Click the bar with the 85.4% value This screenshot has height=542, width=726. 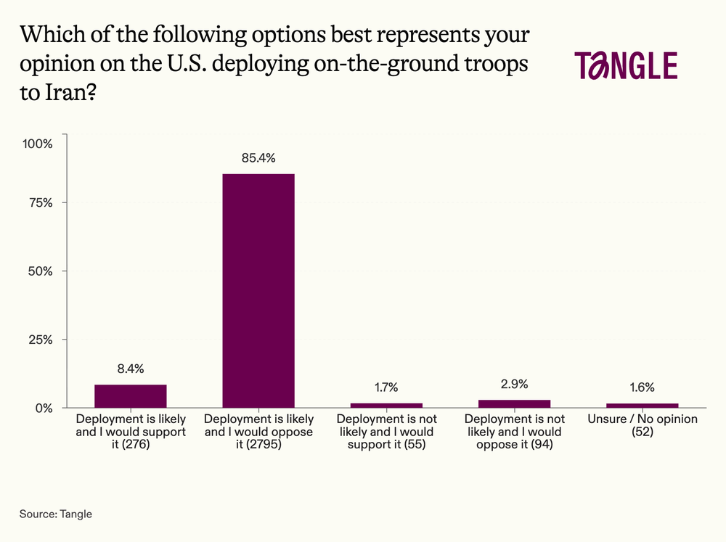[x=258, y=290]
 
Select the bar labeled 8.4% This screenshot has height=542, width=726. [x=131, y=396]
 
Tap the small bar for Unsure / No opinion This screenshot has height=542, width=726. [x=642, y=405]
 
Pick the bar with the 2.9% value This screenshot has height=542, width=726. [x=514, y=403]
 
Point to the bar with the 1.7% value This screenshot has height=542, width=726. [x=386, y=405]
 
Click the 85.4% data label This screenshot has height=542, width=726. [x=258, y=158]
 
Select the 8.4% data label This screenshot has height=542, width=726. [x=131, y=369]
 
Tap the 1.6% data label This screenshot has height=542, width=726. [x=642, y=387]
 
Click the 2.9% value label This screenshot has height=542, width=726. [x=514, y=384]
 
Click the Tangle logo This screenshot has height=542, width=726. [x=625, y=66]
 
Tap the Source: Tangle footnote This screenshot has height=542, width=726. [x=56, y=514]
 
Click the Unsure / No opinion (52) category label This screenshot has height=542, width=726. [x=642, y=426]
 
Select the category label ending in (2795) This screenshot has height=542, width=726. [x=258, y=432]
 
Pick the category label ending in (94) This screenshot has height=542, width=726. [x=514, y=432]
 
